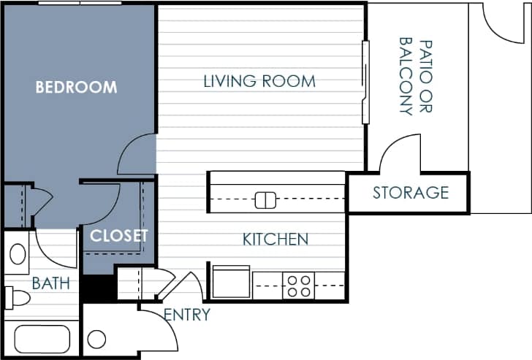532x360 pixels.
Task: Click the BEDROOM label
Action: pos(77,88)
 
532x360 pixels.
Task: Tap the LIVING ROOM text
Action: pos(259,81)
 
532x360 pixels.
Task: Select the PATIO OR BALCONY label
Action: pos(415,76)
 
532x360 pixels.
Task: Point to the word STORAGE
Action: pos(411,193)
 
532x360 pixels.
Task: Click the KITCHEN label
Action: pos(275,239)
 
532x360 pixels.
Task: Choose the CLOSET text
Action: pos(119,236)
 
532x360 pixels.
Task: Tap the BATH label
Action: pos(51,283)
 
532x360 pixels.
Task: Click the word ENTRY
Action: pos(187,315)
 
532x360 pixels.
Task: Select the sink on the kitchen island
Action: pos(265,199)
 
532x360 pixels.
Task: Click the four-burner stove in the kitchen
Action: pos(298,286)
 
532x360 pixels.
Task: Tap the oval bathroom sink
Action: pos(18,255)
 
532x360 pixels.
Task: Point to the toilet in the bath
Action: pos(18,297)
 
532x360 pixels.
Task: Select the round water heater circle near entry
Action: pos(96,340)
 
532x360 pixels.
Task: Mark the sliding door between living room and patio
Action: pos(365,82)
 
